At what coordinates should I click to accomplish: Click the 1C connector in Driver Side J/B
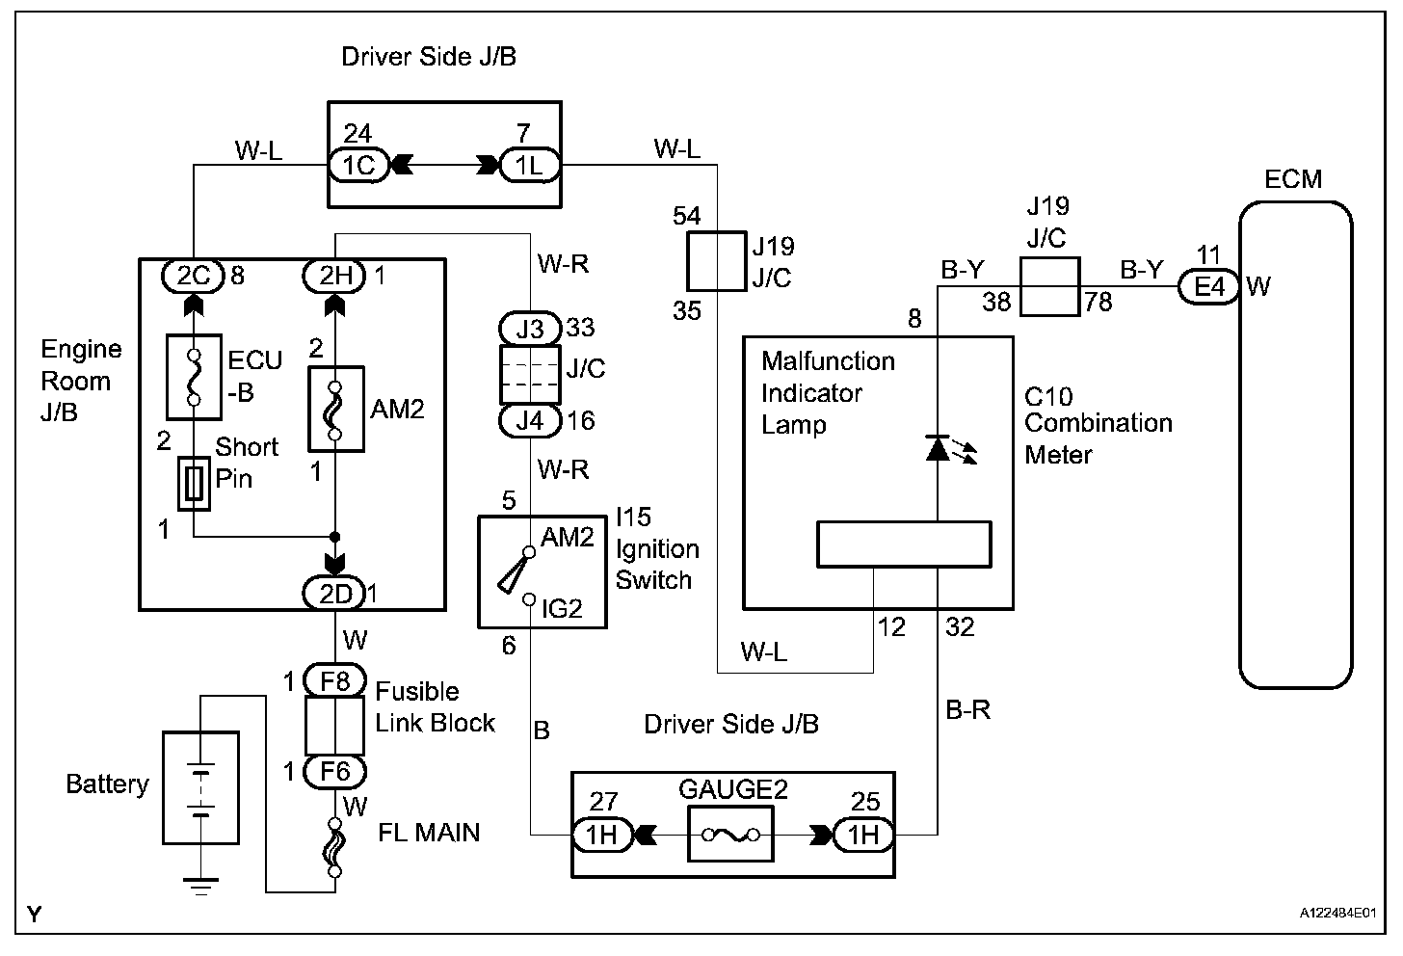point(358,166)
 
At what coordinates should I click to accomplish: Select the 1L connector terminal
point(529,166)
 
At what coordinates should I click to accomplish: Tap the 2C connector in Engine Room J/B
point(194,276)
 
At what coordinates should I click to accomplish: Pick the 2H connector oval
point(335,276)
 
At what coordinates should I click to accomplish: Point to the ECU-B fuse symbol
point(194,378)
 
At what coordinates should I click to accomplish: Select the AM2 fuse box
point(335,409)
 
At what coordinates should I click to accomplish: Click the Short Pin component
point(194,484)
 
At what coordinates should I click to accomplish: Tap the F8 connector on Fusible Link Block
point(335,681)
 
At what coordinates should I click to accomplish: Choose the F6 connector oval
point(335,771)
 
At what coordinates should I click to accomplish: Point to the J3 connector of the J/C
point(529,329)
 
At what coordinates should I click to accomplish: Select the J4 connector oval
point(529,420)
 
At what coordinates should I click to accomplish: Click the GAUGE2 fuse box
point(730,834)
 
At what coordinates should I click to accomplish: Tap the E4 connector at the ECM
point(1209,286)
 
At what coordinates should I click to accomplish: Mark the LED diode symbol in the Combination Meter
point(939,448)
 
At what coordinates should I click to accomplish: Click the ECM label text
point(1293,179)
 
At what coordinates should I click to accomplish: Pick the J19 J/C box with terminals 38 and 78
point(1048,286)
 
